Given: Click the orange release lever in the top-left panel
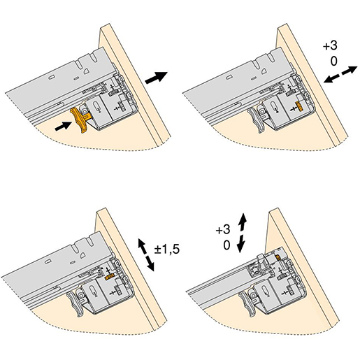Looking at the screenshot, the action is (80, 120).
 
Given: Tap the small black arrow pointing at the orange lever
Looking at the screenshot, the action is (63, 126).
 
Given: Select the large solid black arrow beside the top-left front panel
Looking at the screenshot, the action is (156, 78).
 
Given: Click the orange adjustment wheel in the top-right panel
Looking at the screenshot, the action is (298, 106).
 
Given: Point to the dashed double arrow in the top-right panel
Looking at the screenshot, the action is (340, 74).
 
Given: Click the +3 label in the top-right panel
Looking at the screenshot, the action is (330, 45).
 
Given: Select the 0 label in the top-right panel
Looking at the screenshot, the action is (333, 62).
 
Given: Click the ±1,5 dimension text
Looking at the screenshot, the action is (167, 249).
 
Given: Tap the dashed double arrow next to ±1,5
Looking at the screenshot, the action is (146, 254).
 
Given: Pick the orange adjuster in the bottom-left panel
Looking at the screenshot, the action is (110, 277).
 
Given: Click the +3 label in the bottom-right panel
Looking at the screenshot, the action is (223, 230).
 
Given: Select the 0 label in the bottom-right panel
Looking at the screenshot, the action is (226, 245).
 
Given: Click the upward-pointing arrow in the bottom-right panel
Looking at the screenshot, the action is (242, 222).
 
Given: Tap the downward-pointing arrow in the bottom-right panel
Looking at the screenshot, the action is (240, 243).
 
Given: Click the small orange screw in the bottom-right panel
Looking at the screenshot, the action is (278, 257).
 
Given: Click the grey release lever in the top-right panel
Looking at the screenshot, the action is (256, 120).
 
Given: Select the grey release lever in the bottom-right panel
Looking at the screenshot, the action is (247, 304).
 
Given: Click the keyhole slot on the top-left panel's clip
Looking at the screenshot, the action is (97, 108).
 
